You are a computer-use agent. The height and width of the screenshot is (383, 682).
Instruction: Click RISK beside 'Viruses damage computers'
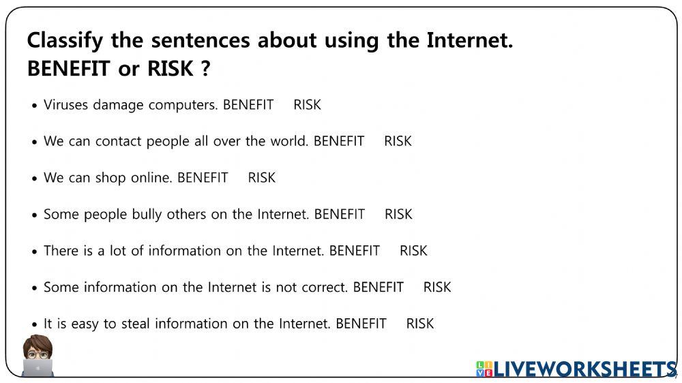[307, 105]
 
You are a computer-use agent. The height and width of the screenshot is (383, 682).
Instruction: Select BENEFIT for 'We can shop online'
[203, 178]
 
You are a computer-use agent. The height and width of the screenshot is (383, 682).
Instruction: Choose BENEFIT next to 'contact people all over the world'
[339, 141]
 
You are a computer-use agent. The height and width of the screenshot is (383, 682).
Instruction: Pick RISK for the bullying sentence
[398, 214]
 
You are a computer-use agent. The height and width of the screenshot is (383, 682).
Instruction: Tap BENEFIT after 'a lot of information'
[355, 251]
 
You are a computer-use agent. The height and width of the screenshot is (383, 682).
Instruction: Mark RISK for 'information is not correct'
[437, 288]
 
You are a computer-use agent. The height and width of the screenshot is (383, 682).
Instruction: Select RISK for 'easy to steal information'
[419, 324]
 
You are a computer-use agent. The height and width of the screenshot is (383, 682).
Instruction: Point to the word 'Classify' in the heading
[65, 41]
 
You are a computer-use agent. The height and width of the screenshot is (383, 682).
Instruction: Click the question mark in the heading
[206, 69]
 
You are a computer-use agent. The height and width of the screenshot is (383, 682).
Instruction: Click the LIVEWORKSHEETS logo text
[585, 369]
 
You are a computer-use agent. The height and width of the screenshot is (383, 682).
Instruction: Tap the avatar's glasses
[38, 355]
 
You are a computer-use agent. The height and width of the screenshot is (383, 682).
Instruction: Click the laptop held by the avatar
[38, 368]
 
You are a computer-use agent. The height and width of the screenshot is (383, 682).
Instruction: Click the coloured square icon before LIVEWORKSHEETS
[484, 369]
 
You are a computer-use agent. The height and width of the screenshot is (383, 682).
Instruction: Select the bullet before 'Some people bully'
[35, 215]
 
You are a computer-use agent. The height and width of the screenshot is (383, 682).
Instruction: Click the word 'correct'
[323, 288]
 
